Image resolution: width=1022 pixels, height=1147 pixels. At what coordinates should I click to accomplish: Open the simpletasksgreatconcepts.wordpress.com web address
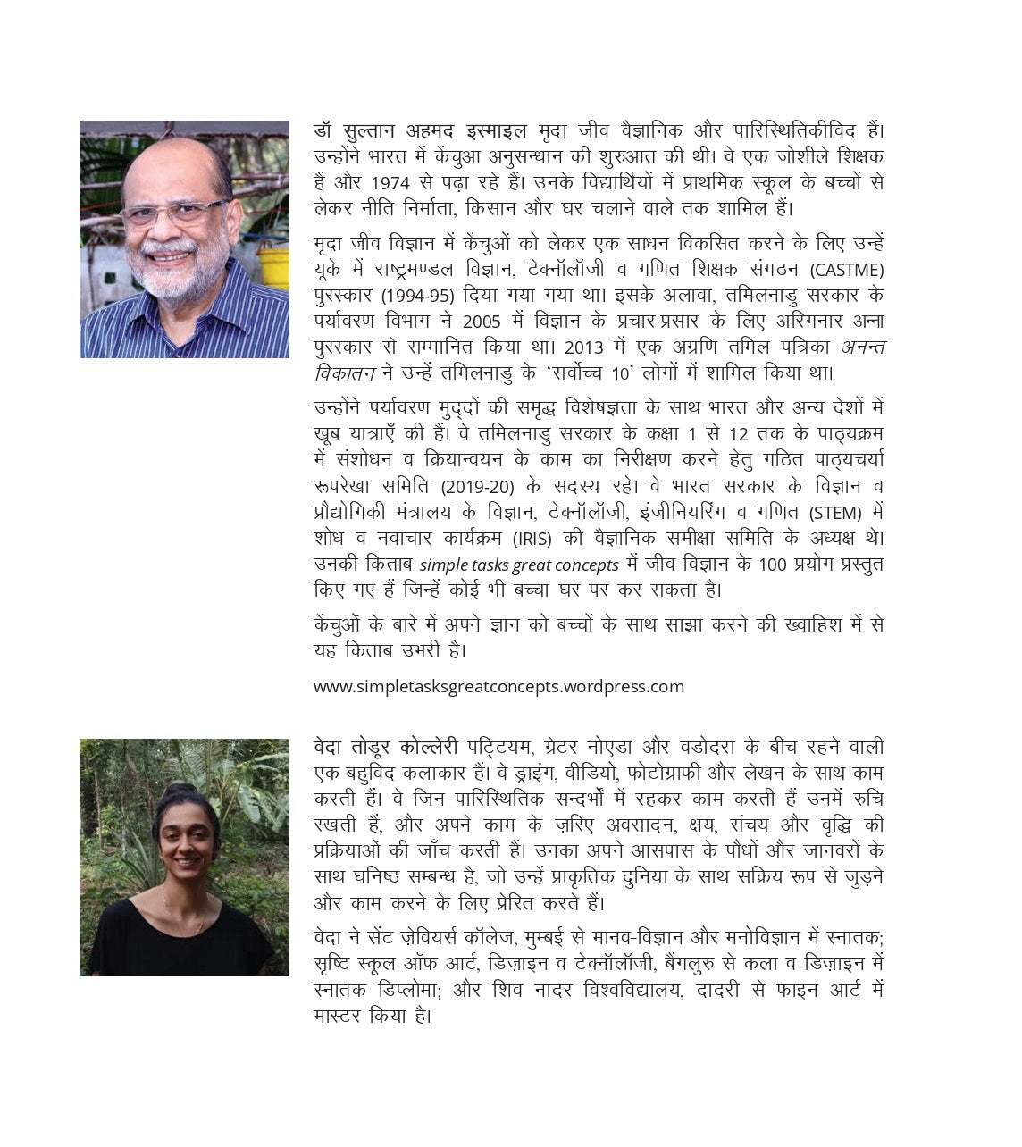pyautogui.click(x=498, y=687)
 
